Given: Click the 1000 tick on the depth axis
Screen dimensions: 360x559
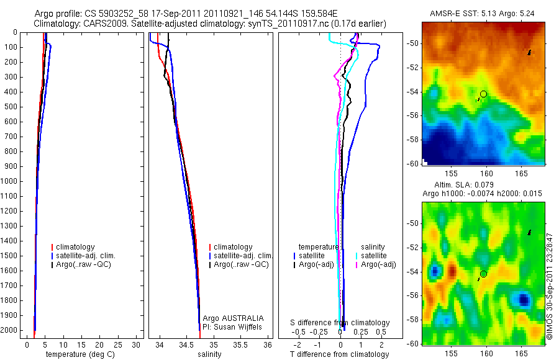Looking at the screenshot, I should pyautogui.click(x=9, y=182).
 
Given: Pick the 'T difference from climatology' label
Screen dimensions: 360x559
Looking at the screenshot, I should pyautogui.click(x=340, y=354).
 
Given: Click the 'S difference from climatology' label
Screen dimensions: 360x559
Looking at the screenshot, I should pyautogui.click(x=340, y=323).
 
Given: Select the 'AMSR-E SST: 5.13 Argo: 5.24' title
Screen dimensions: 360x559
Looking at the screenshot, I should pyautogui.click(x=482, y=14).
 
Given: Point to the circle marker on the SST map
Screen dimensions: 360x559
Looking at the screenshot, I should pyautogui.click(x=483, y=94).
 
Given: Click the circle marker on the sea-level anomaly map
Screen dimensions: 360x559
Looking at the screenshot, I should pyautogui.click(x=483, y=274).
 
